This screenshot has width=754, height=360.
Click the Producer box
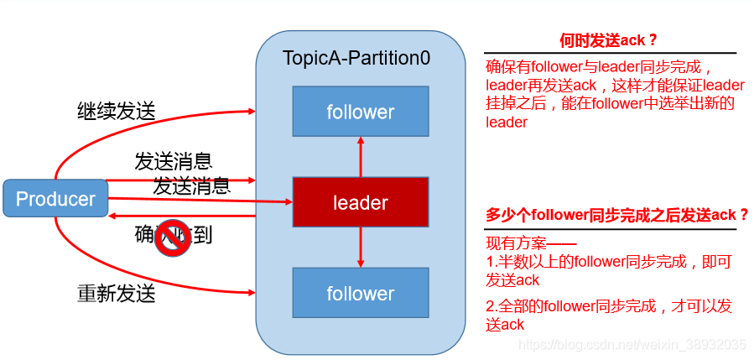point(55,199)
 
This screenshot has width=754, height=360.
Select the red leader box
point(360,202)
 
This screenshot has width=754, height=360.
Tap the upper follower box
point(360,112)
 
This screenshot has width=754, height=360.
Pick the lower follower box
point(360,293)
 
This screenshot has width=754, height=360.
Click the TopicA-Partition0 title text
point(356,59)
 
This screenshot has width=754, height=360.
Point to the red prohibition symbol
point(174,237)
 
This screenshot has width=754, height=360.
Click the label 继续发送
point(117,111)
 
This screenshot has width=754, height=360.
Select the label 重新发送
point(117,294)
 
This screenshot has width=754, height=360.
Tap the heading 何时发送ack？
point(608,40)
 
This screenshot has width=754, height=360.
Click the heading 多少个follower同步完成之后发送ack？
point(616,215)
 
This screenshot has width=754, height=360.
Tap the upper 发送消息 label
point(173,160)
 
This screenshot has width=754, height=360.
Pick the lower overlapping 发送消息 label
point(191,186)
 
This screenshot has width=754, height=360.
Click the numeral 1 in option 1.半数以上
point(490,262)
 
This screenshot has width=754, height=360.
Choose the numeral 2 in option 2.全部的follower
point(490,306)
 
